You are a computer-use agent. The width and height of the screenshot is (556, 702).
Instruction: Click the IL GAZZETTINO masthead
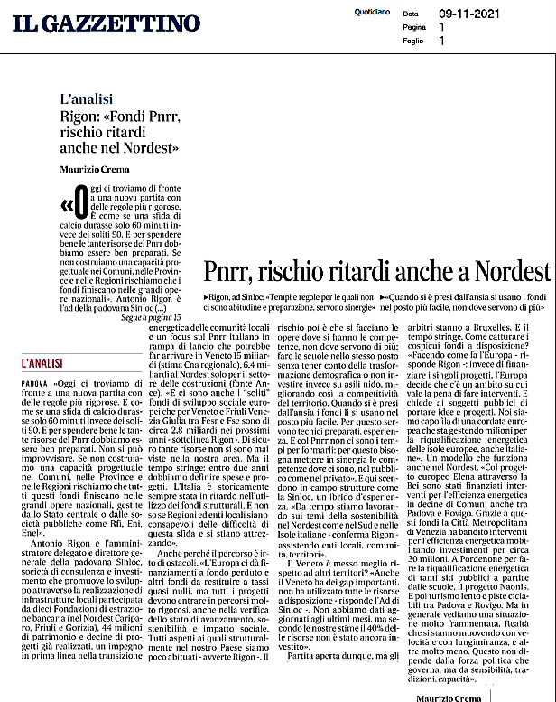pyautogui.click(x=107, y=22)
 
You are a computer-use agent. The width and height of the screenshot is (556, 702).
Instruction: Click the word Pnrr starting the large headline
pyautogui.click(x=230, y=271)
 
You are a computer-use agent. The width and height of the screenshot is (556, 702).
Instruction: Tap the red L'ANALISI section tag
pyautogui.click(x=42, y=362)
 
